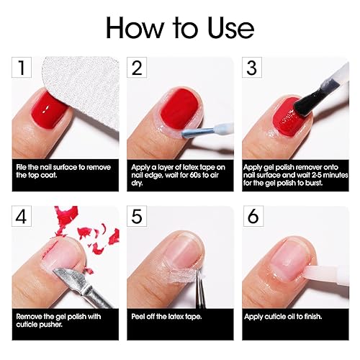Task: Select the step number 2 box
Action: (138, 68)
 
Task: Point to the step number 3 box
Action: (251, 68)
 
